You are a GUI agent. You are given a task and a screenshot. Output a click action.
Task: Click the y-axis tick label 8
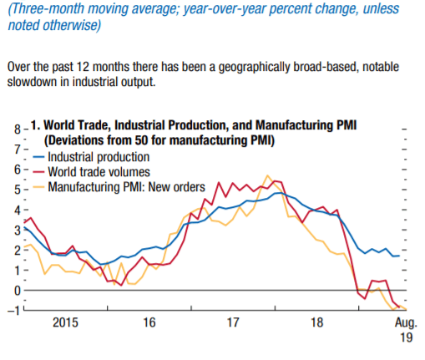click(x=18, y=129)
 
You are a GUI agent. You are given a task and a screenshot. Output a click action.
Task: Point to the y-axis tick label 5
click(x=18, y=190)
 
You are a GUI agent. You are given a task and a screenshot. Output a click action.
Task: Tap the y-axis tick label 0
click(x=18, y=291)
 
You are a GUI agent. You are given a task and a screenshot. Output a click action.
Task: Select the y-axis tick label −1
click(x=14, y=311)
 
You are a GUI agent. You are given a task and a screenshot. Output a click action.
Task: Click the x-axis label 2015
click(x=65, y=322)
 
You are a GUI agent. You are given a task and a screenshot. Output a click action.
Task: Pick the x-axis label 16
click(x=149, y=322)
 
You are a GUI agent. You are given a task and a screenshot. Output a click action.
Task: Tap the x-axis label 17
click(x=233, y=322)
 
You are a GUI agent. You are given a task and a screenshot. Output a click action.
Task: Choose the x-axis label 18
click(x=316, y=322)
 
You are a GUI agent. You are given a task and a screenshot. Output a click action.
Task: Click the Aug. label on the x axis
click(x=406, y=323)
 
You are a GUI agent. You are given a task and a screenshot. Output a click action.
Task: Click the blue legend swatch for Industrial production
click(x=38, y=157)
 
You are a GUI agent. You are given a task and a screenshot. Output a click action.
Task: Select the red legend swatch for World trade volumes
click(x=38, y=172)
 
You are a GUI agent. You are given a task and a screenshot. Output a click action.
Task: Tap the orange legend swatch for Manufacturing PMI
click(x=38, y=187)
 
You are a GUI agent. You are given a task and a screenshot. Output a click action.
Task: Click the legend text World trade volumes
click(x=99, y=172)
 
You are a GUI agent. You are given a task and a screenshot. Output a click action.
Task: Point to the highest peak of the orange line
click(x=267, y=175)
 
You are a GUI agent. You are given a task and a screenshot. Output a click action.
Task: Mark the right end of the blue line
click(x=399, y=256)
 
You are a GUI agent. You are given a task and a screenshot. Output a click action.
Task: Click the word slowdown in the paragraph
click(x=32, y=82)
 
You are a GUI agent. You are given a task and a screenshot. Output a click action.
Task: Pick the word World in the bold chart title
click(x=59, y=125)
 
